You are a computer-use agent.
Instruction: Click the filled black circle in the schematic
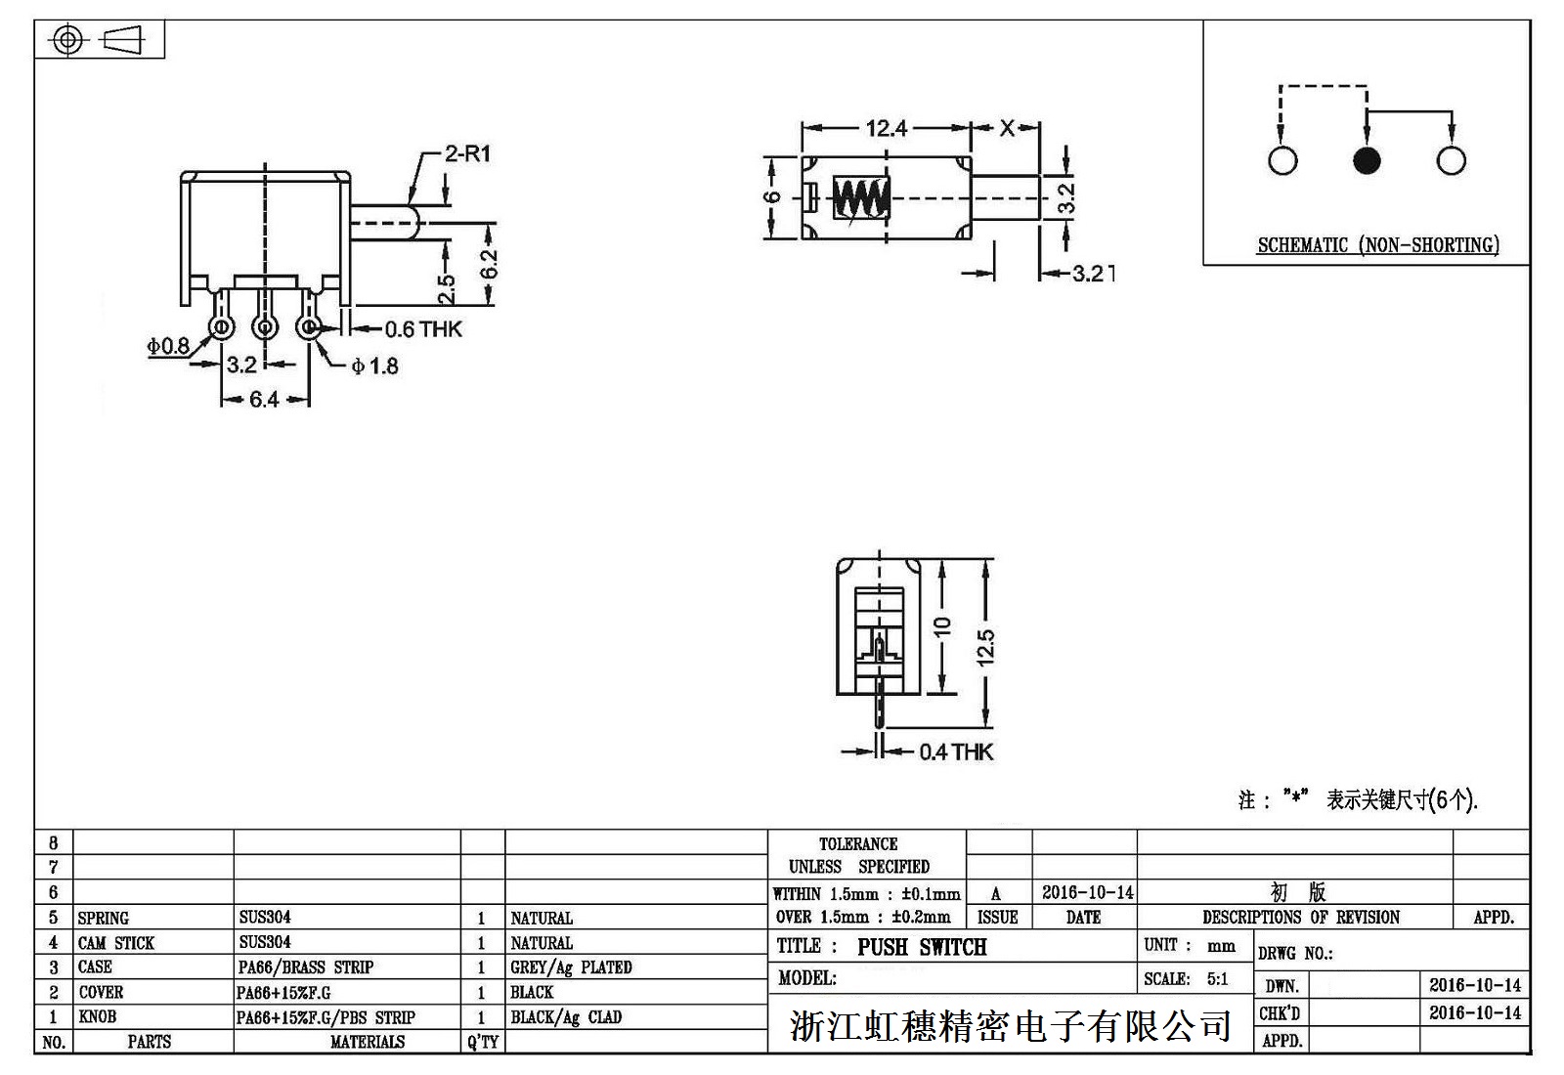pyautogui.click(x=1367, y=160)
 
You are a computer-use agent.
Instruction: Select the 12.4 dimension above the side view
pyautogui.click(x=886, y=128)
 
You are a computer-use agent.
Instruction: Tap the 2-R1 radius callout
pyautogui.click(x=467, y=154)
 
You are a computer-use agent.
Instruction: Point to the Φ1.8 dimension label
pyautogui.click(x=375, y=366)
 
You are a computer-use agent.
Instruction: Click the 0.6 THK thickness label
pyautogui.click(x=422, y=329)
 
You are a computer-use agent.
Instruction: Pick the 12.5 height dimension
pyautogui.click(x=985, y=647)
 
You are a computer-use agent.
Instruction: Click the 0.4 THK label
pyautogui.click(x=955, y=752)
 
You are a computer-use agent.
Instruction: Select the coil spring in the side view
pyautogui.click(x=861, y=198)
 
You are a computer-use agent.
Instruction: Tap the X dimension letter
pyautogui.click(x=1007, y=128)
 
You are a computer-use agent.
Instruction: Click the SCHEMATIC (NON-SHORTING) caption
pyautogui.click(x=1377, y=245)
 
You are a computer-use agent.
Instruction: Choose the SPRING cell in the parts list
pyautogui.click(x=104, y=918)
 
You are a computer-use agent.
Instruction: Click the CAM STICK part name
pyautogui.click(x=116, y=943)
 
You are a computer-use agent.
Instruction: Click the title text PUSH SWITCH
pyautogui.click(x=922, y=947)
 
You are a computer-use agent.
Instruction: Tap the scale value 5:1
pyautogui.click(x=1217, y=979)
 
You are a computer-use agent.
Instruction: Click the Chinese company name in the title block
pyautogui.click(x=1010, y=1026)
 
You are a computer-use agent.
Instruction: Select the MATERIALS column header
pyautogui.click(x=367, y=1043)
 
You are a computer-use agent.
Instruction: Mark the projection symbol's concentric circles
pyautogui.click(x=67, y=40)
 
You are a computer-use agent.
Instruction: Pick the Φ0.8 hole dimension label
pyautogui.click(x=168, y=346)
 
